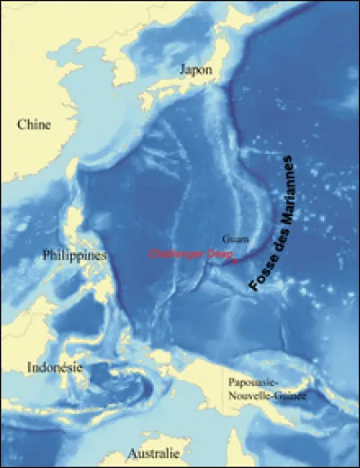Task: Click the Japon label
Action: (x=195, y=70)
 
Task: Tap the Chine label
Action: (x=33, y=124)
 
